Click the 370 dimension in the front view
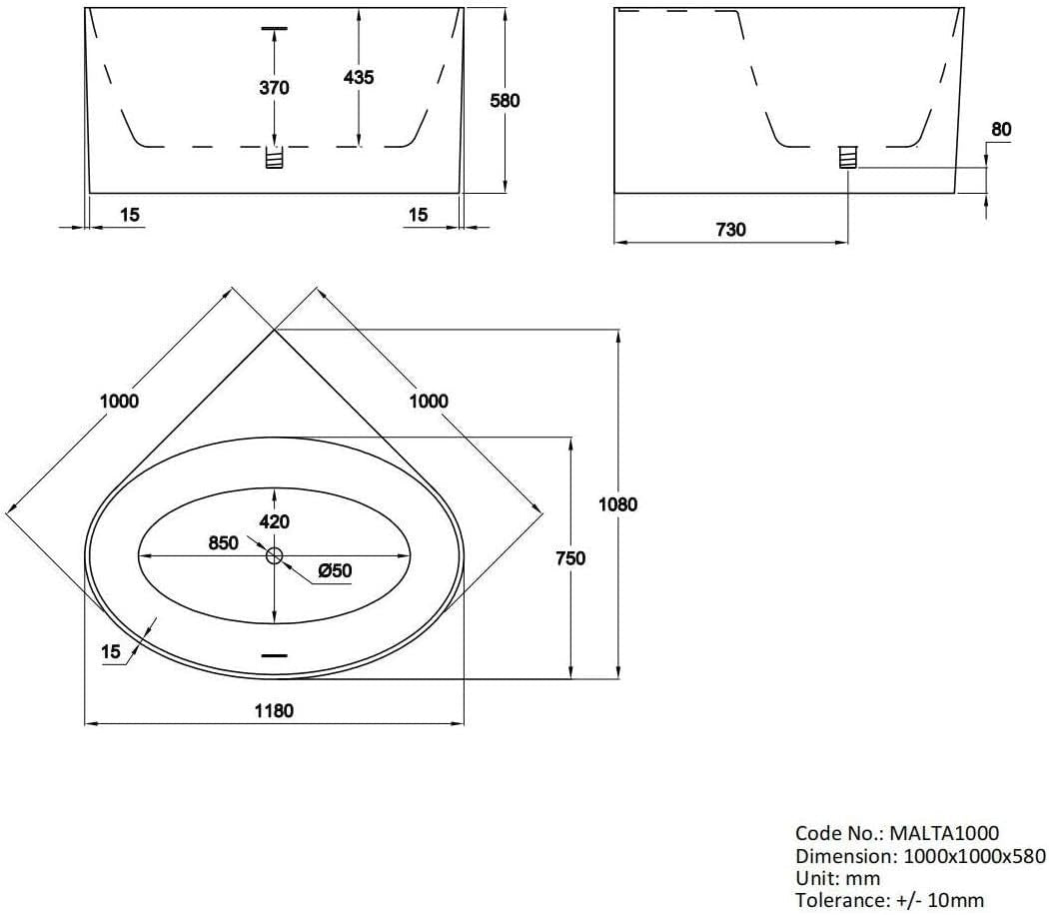coord(275,88)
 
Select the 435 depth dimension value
coord(359,78)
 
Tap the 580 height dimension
coord(506,101)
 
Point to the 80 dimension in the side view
coord(1001,129)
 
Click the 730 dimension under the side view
coord(730,230)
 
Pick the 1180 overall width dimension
coord(275,710)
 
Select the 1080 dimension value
coord(618,504)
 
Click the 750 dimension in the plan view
coord(570,557)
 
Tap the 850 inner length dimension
coord(224,542)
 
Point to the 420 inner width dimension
coord(275,521)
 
